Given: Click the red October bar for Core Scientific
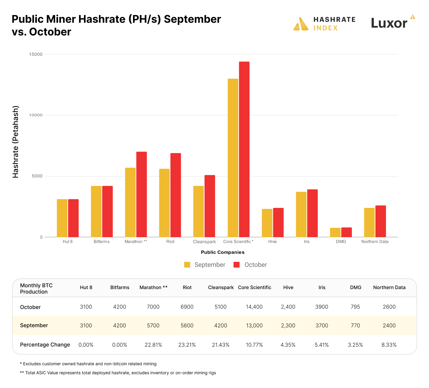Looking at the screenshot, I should click(244, 149).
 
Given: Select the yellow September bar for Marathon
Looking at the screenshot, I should click(130, 202).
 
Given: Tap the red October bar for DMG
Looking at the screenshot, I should click(346, 232).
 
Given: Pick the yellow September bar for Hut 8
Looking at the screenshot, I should click(62, 218).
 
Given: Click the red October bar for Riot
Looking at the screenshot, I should click(176, 195).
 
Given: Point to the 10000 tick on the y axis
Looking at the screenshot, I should click(36, 115).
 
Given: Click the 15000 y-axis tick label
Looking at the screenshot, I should click(36, 54).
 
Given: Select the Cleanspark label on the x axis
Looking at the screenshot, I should click(204, 242).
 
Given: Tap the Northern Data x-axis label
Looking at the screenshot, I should click(375, 241).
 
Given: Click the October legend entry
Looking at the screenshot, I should click(250, 265).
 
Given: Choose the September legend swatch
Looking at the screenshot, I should click(187, 265).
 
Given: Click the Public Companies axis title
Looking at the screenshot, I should click(222, 252).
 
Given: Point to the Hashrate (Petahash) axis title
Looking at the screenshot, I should click(16, 142).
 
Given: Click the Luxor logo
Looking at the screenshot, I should click(393, 22).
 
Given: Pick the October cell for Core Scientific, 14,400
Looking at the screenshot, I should click(254, 307).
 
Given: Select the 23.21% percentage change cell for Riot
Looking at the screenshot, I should click(187, 345).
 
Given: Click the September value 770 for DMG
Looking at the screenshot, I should click(355, 326).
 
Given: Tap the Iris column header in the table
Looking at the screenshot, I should click(322, 287).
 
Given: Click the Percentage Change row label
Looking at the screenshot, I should click(45, 345).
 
